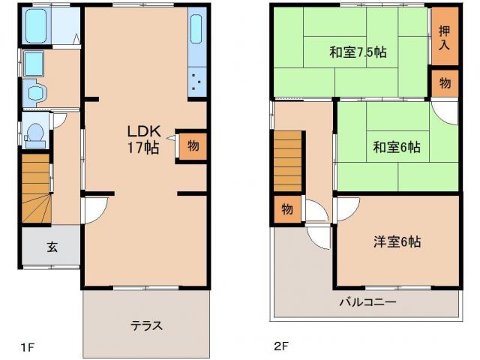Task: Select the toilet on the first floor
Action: pos(35,133)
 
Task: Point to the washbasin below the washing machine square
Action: pos(35,91)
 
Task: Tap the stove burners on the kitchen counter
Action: pos(196,80)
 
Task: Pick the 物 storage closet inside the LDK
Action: pos(193,145)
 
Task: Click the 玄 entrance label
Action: pos(52,247)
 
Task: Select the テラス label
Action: pos(146,325)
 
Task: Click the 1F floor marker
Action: pos(28,346)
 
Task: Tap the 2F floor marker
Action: pos(280,346)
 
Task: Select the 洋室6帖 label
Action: pos(397,241)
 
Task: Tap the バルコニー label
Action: pos(367,302)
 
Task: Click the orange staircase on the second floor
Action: pos(289,159)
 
